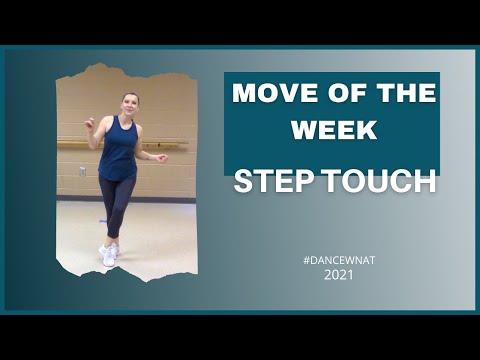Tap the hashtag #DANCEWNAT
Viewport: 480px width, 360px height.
click(332, 259)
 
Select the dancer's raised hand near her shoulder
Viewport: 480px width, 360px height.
click(91, 121)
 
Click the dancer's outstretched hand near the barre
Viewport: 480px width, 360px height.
click(160, 157)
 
